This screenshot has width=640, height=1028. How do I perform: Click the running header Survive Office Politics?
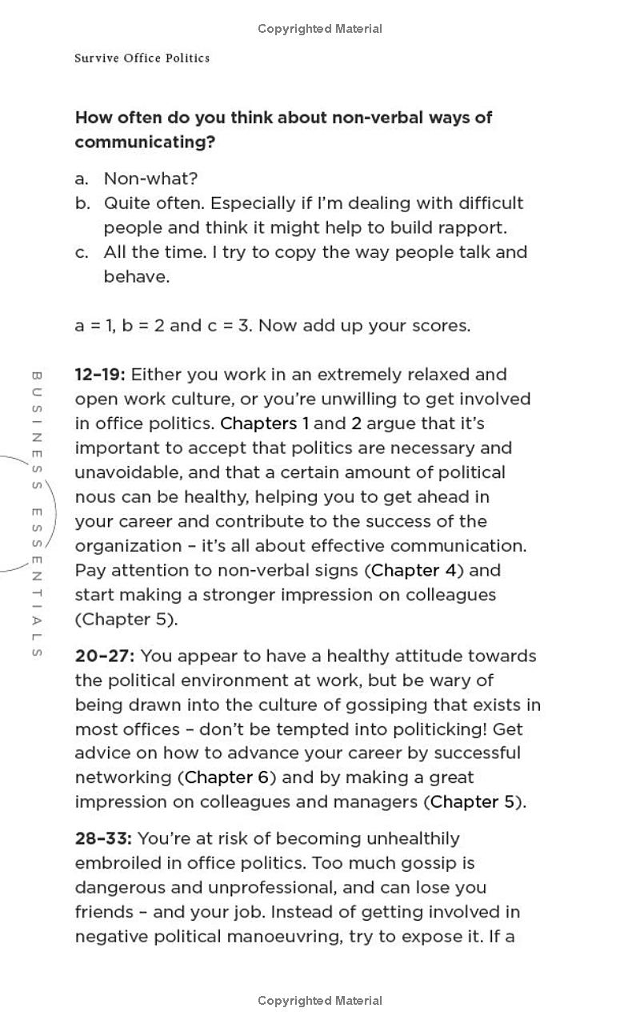142,58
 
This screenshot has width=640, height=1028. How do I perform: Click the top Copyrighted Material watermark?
320,29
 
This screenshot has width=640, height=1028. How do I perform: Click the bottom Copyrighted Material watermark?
320,1001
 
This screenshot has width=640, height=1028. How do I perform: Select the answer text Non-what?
150,179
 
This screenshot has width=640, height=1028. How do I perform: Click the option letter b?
82,203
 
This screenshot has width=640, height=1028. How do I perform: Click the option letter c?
82,252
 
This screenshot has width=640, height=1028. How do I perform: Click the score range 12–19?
100,375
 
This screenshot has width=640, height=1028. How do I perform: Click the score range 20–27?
104,656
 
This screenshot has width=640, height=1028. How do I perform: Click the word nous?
94,497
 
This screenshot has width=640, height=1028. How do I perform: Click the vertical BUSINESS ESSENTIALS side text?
36,513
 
